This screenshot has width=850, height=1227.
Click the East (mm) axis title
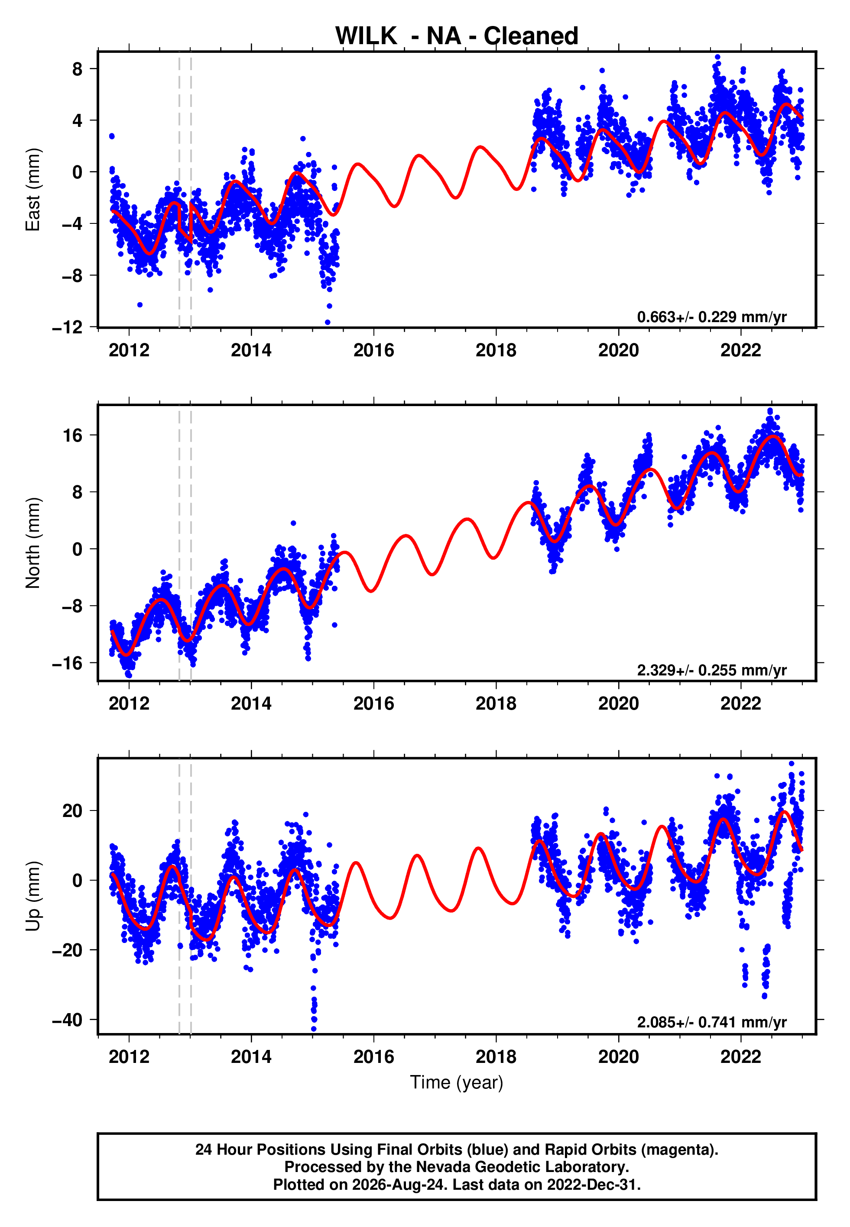[x=33, y=190]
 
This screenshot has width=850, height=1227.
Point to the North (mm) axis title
[x=33, y=543]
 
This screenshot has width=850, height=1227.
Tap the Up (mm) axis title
[x=33, y=896]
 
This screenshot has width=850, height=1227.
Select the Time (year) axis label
[x=457, y=1082]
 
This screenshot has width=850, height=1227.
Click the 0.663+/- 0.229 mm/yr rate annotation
[x=711, y=317]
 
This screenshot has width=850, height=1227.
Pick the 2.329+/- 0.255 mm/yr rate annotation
[x=711, y=670]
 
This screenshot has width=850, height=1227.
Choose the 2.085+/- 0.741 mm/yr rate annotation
[x=711, y=1022]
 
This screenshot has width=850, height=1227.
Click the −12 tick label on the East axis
[x=67, y=327]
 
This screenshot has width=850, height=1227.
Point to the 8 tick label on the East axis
[x=78, y=69]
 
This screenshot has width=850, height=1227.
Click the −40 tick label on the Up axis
[x=67, y=1020]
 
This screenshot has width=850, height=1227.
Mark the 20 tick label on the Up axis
[x=73, y=811]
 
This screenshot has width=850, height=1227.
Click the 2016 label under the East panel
[x=374, y=350]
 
